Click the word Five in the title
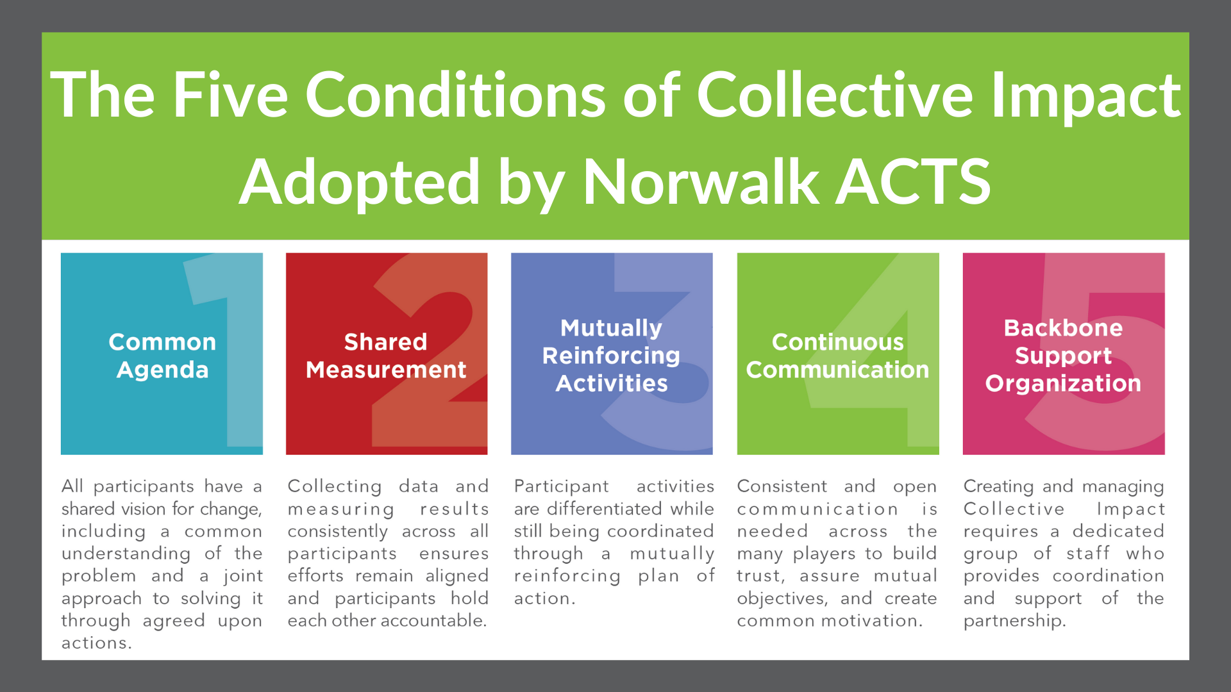coord(231,94)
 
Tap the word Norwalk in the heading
coord(700,182)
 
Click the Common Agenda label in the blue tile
coord(162,356)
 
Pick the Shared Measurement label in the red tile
coord(386,356)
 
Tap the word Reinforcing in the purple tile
coord(611,356)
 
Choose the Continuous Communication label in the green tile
coord(837,356)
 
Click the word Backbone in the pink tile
coord(1063,328)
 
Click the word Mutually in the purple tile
coord(611,329)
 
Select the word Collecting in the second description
coord(335,487)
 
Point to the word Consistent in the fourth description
coord(782,486)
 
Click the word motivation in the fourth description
coord(872,620)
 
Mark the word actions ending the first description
coord(96,643)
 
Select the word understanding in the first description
coord(126,554)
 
